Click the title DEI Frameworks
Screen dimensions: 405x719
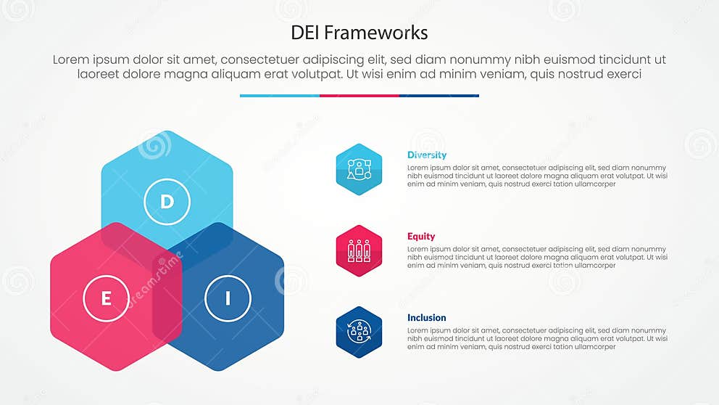point(359,33)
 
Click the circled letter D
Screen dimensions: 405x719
point(167,201)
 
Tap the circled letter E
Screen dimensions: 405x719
point(106,298)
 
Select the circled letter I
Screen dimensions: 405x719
point(228,298)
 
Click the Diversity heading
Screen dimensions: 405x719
point(426,155)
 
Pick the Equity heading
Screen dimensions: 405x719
point(421,236)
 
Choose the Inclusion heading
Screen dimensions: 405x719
point(426,317)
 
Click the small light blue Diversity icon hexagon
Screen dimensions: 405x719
point(359,169)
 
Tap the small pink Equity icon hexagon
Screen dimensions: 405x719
point(359,250)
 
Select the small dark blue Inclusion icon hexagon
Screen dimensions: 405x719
point(359,332)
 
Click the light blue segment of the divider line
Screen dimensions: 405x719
point(279,95)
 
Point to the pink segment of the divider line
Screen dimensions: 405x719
point(359,95)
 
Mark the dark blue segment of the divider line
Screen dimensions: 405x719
point(439,95)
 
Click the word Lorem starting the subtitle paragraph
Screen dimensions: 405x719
point(71,60)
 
